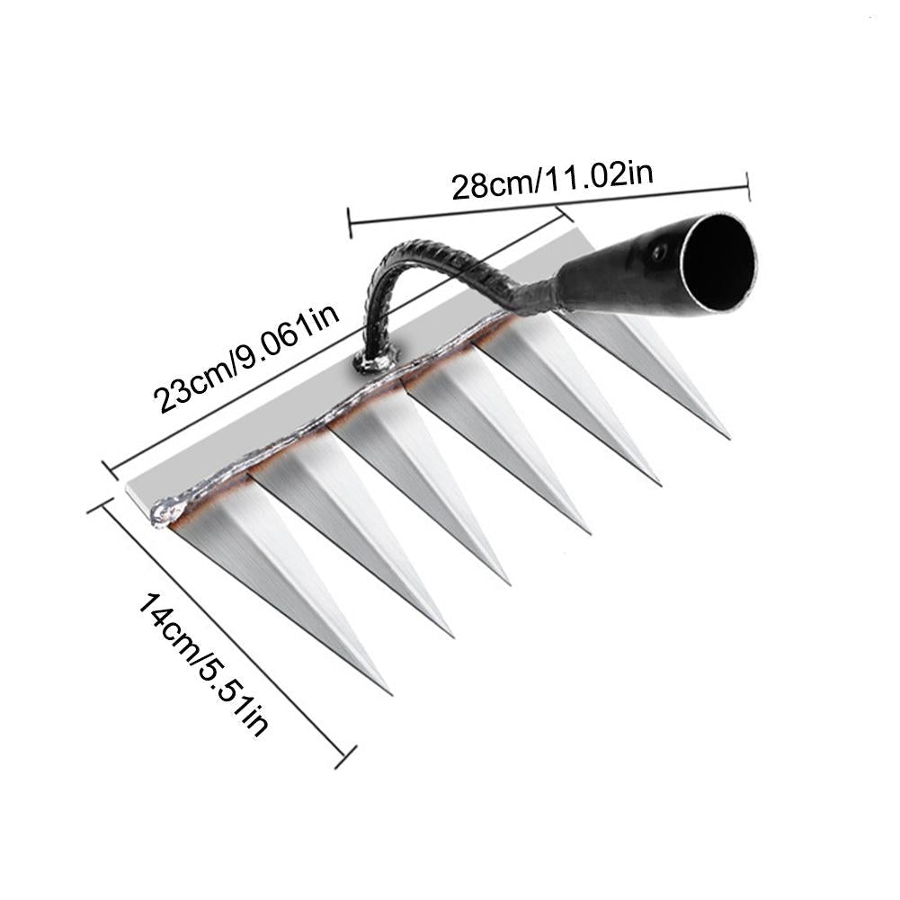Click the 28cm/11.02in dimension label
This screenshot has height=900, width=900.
[551, 176]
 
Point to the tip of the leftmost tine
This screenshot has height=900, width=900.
[389, 692]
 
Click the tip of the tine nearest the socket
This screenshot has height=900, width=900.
[728, 438]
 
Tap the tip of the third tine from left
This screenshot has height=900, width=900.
[510, 584]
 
